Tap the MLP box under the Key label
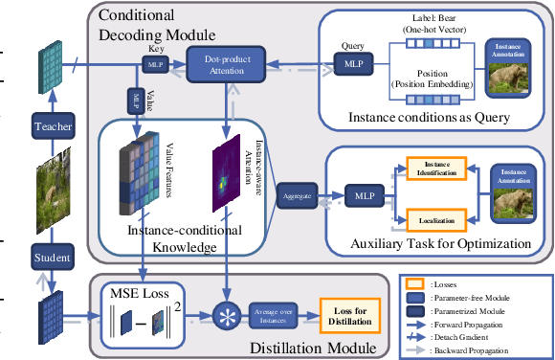pos(154,64)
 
